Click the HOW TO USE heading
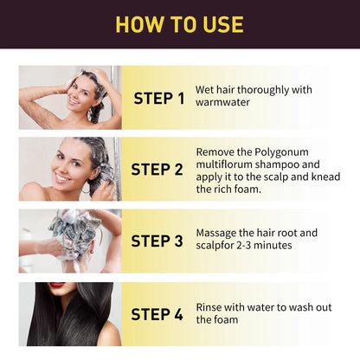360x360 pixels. [180, 23]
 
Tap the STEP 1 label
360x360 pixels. [159, 98]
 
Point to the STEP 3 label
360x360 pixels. [159, 240]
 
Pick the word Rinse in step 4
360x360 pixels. [212, 306]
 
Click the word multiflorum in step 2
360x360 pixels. [228, 163]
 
